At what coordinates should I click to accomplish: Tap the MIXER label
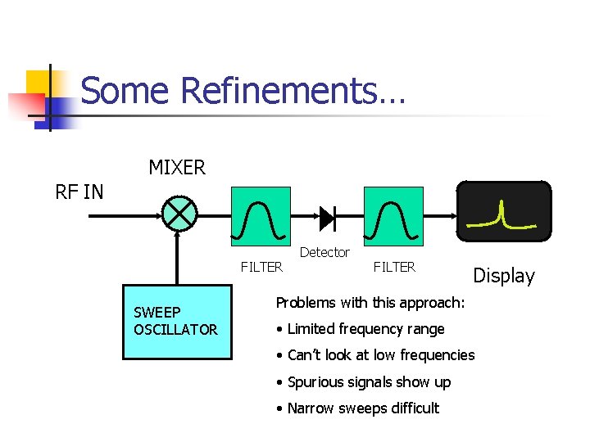coord(177,168)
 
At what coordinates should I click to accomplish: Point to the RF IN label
coord(79,192)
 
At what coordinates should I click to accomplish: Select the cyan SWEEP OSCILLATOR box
coord(177,322)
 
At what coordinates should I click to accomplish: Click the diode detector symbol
coord(326,217)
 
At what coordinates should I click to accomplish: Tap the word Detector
coord(324,252)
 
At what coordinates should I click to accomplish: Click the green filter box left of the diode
coord(261,216)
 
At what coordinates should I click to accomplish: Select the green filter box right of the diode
coord(393,216)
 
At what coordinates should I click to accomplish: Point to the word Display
coord(504,276)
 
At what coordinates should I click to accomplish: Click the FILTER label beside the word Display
coord(394,267)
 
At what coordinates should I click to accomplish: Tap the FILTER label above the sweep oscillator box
coord(261,267)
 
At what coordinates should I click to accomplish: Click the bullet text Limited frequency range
coord(365,329)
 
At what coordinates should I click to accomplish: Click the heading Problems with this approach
coord(370,303)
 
